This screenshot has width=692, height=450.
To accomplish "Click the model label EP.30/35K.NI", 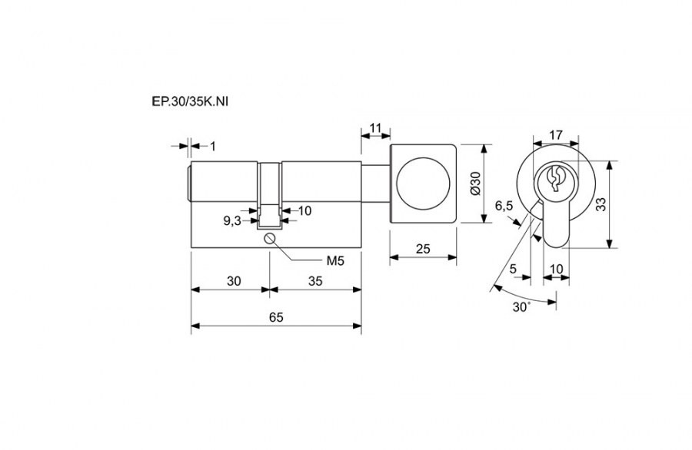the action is coord(190,102).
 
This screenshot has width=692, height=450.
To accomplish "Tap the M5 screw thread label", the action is coord(335,261).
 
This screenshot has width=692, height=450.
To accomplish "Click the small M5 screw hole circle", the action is coord(270,239).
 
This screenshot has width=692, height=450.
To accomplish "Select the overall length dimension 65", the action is coord(276,317).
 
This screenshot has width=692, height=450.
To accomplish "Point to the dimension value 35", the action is coord(315,281).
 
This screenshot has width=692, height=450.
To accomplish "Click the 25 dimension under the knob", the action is coord(423,249).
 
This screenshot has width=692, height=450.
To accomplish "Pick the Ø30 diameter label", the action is coord(475,184).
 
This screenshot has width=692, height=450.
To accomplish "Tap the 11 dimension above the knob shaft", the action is coord(375,128).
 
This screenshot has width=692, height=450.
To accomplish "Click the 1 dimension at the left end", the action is coord(213,147).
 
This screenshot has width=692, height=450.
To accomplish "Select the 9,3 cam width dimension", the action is coord(232,221).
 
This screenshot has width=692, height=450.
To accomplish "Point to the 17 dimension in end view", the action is coord(556,134).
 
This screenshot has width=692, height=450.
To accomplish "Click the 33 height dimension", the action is coord(601,204).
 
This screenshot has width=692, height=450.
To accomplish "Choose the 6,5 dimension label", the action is coord(504,206).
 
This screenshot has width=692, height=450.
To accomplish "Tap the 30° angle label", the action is coord(521,306).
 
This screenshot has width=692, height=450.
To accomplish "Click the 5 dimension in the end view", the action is coord(513,269).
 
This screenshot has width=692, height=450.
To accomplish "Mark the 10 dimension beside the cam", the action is coord(304,210).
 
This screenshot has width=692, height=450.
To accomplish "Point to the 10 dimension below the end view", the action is coord(557,269).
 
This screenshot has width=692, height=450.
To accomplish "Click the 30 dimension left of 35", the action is coord(234,281).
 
